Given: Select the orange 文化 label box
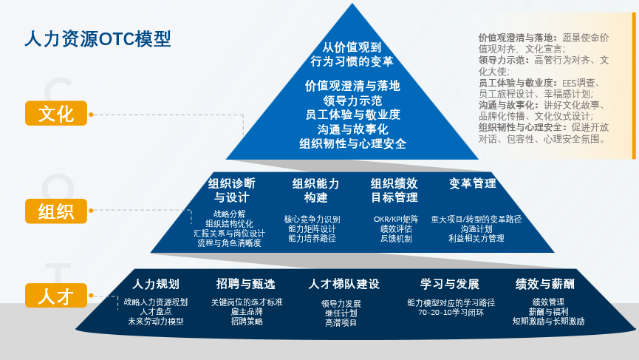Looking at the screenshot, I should tap(56, 114).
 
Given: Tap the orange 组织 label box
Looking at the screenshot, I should tap(56, 211).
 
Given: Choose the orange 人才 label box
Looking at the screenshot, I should tap(56, 296).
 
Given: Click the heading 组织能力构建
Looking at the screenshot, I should tap(315, 190).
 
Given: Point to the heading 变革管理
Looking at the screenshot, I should tap(473, 183).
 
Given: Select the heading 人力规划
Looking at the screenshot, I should tap(155, 284).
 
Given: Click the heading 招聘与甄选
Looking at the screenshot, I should tap(245, 284).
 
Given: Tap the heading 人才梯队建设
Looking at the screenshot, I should tap(344, 284).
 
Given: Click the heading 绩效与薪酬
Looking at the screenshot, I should tap(545, 284).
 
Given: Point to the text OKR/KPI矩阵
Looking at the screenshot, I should tap(396, 220).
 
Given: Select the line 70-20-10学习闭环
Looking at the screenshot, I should tap(451, 312).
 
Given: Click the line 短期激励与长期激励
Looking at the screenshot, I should tap(548, 322).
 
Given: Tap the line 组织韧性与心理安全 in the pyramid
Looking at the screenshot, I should tap(352, 143).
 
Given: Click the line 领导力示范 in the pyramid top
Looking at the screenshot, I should tap(352, 100).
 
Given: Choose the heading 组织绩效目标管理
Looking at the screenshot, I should tap(394, 190).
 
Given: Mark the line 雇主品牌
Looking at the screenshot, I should tap(246, 312).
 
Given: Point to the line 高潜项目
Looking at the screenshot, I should tap(341, 323).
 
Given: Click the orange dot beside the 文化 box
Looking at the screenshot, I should tap(92, 115).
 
